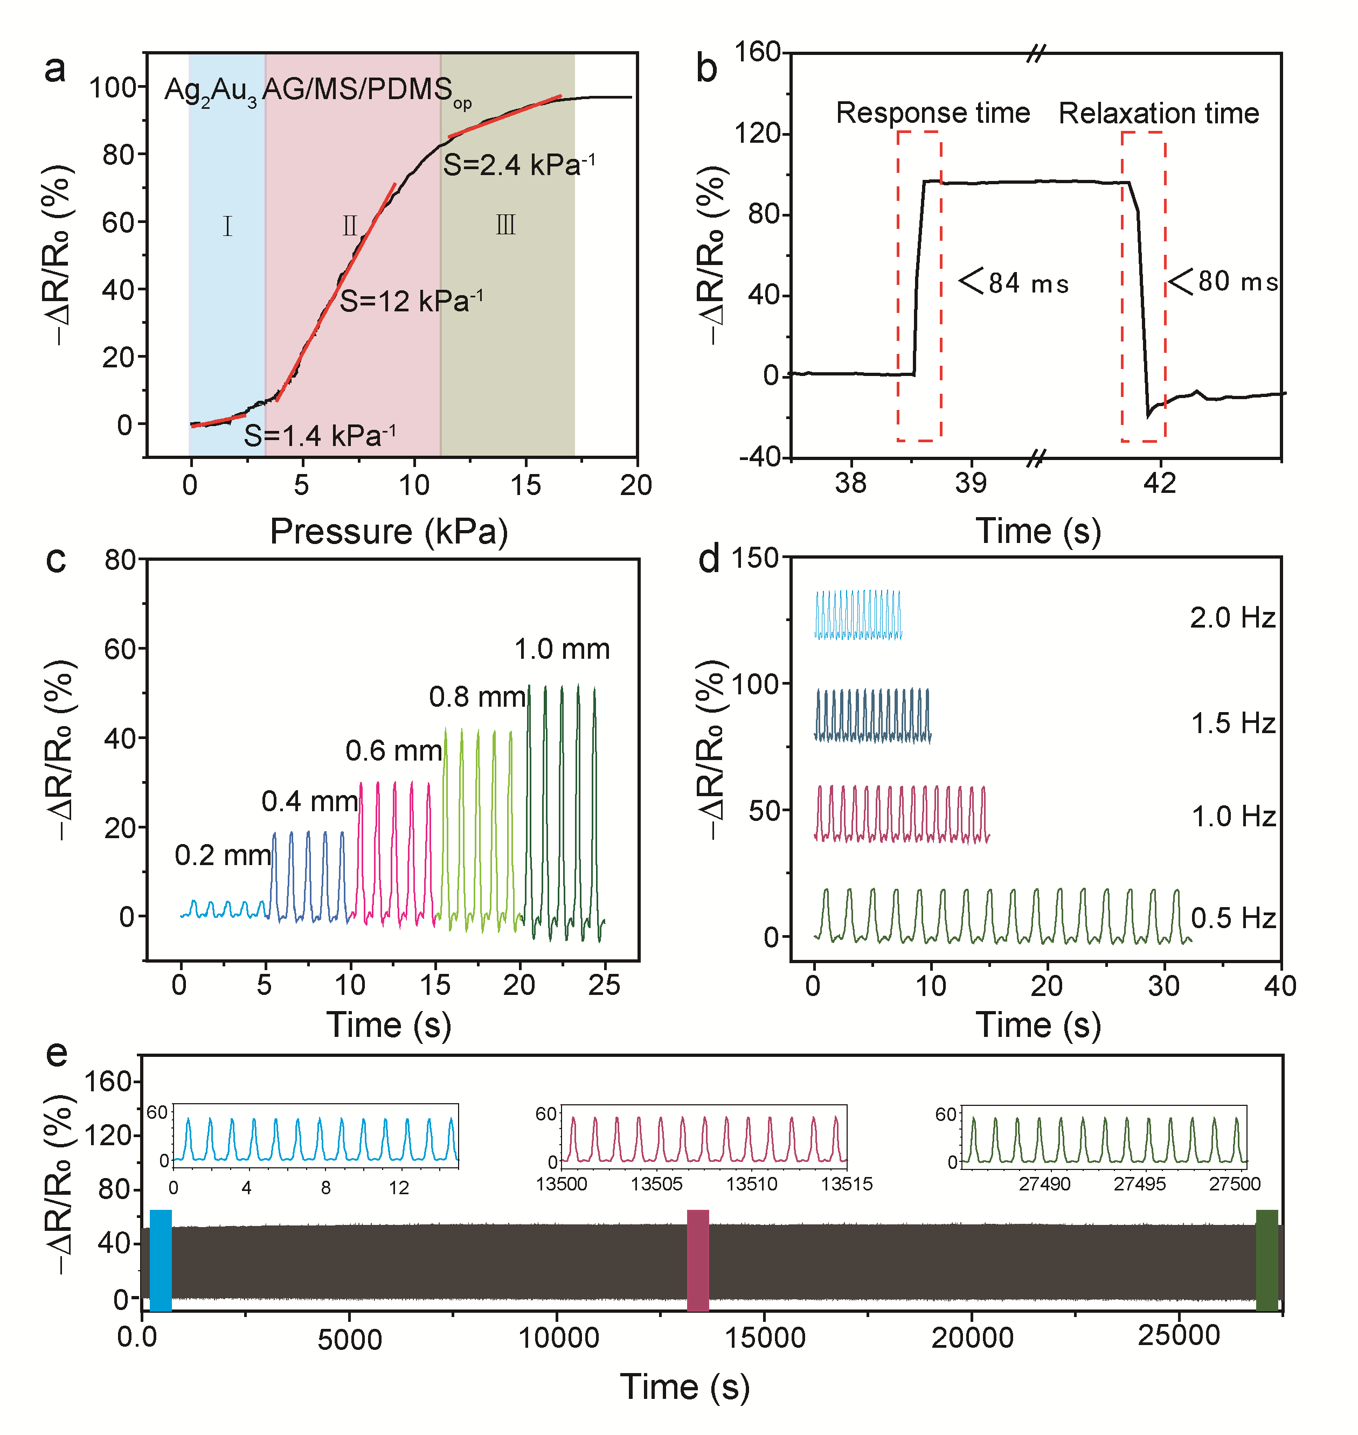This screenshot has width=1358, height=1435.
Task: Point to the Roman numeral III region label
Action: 505,226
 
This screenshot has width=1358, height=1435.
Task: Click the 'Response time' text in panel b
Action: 932,113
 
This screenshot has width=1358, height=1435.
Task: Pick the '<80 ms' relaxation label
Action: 1224,282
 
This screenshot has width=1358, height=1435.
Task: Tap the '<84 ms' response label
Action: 1014,282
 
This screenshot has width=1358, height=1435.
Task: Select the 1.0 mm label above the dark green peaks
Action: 562,649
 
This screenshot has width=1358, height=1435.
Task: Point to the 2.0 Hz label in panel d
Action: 1232,618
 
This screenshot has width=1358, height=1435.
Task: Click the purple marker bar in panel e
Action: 697,1260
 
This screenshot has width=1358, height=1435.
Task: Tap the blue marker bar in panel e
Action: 161,1260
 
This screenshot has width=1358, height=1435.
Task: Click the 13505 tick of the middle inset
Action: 656,1185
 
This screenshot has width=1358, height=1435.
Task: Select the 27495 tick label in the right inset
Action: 1139,1185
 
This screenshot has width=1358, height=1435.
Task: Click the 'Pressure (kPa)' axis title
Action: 389,532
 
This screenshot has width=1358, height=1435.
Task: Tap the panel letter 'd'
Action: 709,559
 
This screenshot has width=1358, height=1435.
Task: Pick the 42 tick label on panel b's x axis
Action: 1159,483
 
